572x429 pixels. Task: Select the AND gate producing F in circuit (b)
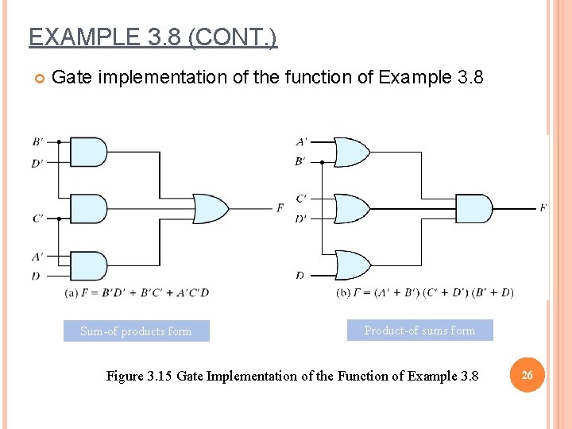pyautogui.click(x=473, y=208)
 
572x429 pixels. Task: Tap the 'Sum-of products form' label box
pyautogui.click(x=136, y=331)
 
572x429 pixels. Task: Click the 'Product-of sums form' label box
pyautogui.click(x=419, y=330)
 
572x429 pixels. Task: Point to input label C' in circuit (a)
pyautogui.click(x=38, y=218)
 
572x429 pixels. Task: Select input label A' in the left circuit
pyautogui.click(x=38, y=257)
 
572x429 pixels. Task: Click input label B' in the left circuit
pyautogui.click(x=38, y=142)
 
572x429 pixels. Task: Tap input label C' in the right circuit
pyautogui.click(x=301, y=199)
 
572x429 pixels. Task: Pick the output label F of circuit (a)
pyautogui.click(x=280, y=208)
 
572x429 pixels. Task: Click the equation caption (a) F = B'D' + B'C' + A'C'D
pyautogui.click(x=137, y=292)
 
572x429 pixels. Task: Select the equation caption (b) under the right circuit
pyautogui.click(x=425, y=292)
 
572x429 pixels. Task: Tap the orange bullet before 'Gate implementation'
pyautogui.click(x=37, y=78)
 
